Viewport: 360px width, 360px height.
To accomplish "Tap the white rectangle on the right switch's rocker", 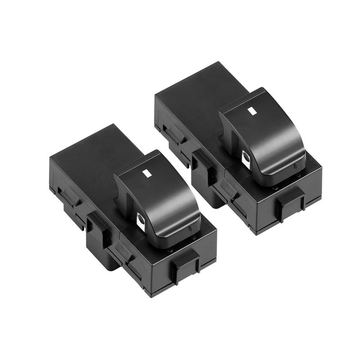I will (252, 109).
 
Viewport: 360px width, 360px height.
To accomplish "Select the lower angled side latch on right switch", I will (229, 189).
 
